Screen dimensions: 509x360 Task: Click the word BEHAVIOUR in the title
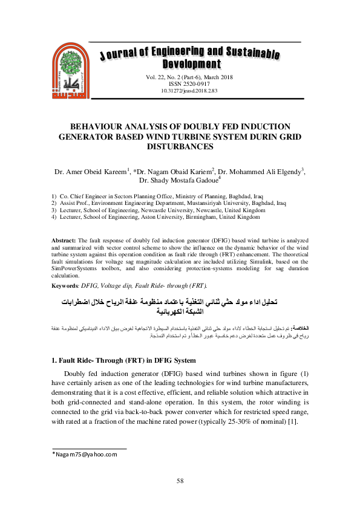pos(101,126)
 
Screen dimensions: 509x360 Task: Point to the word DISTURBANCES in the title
pos(180,146)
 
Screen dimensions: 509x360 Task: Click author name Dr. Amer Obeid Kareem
pos(91,172)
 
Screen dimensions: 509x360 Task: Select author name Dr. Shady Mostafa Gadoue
pos(179,180)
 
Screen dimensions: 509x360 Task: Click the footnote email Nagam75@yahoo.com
pos(84,454)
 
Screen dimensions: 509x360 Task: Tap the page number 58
pos(180,481)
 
